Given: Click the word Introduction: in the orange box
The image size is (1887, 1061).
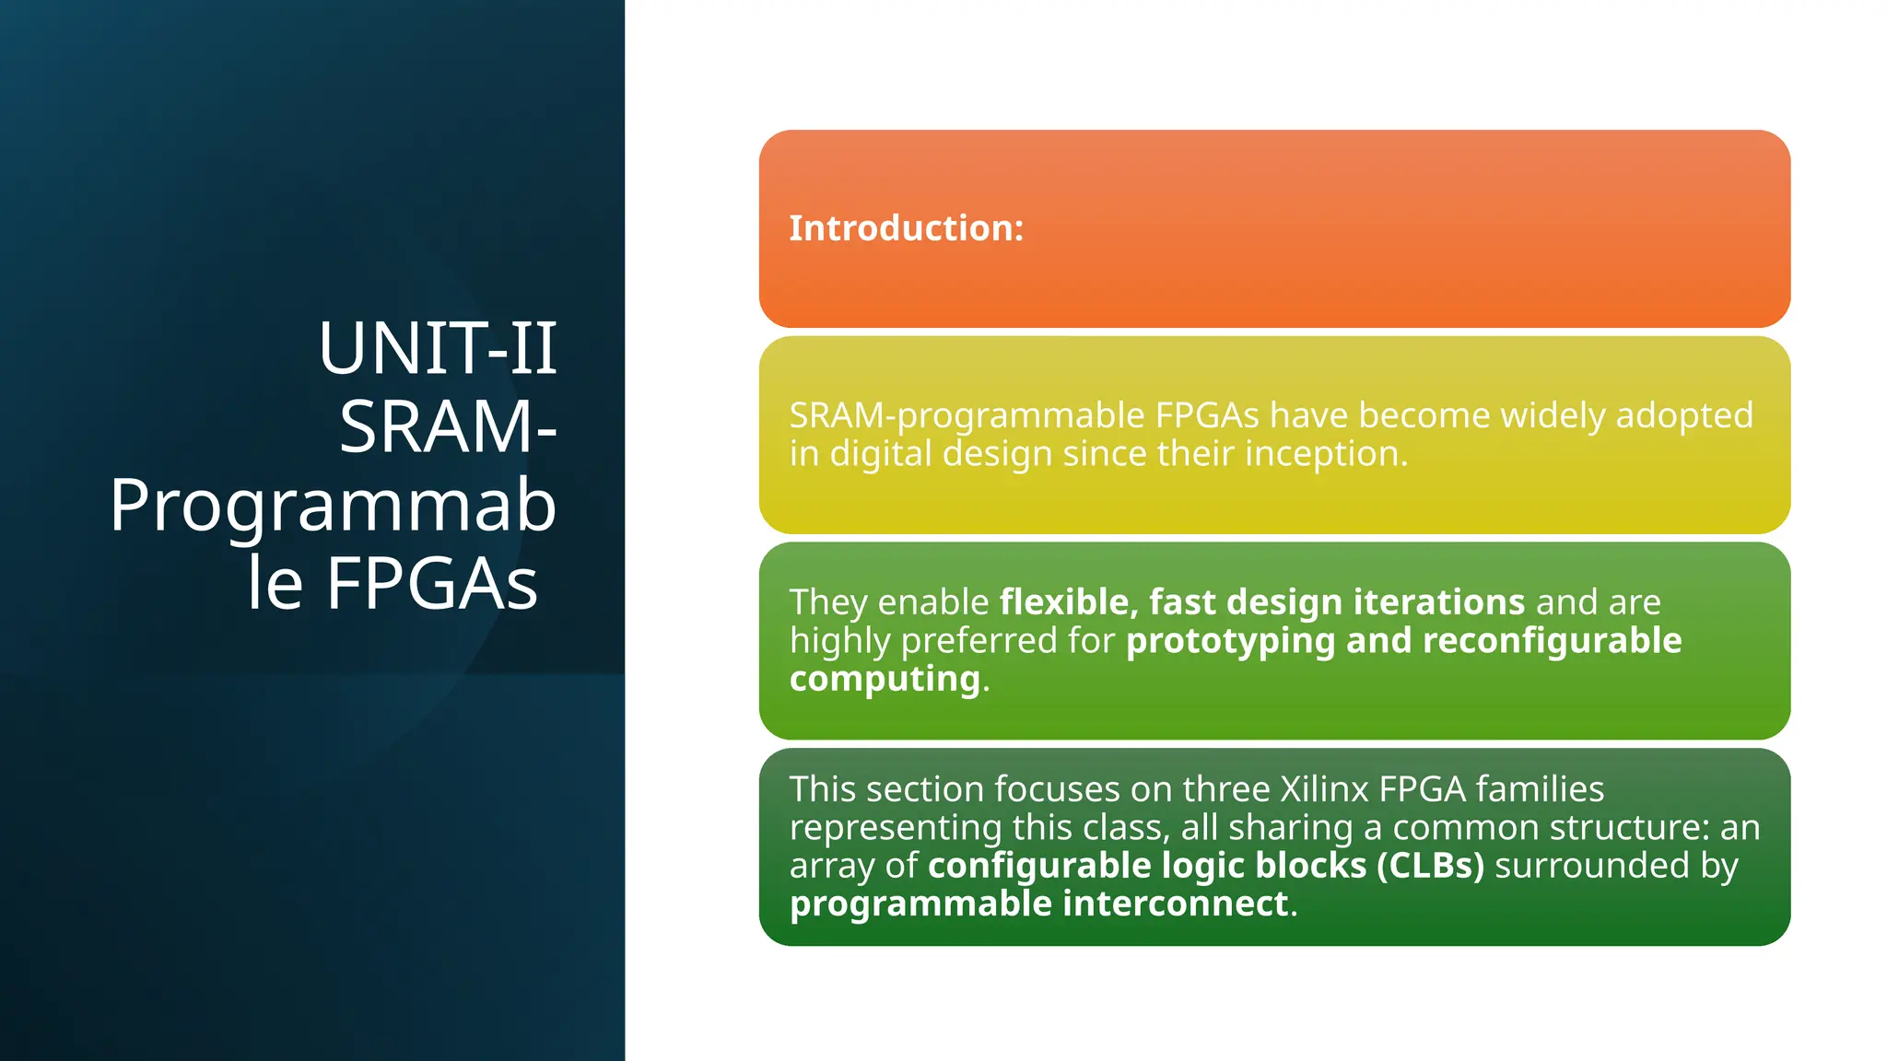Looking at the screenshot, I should click(x=906, y=228).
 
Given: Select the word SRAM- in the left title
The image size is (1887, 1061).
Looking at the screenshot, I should click(x=448, y=427).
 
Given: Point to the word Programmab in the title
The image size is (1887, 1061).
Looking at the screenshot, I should click(x=333, y=506).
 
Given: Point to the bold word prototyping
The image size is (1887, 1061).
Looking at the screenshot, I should click(x=1230, y=641).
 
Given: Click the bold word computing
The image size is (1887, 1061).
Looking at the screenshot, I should click(x=885, y=679).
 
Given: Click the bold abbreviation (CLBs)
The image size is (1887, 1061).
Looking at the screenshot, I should click(x=1430, y=866).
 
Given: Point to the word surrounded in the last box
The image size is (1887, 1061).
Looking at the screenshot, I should click(x=1589, y=866).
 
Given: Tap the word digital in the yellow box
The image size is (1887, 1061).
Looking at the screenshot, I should click(x=880, y=453).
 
